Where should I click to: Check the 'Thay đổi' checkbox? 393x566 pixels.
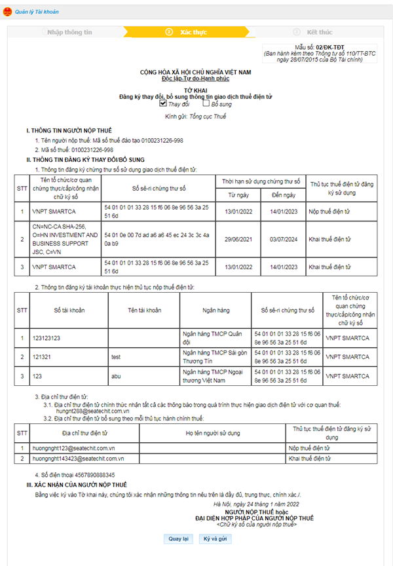coord(163,103)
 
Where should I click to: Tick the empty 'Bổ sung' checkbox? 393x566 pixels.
coord(206,103)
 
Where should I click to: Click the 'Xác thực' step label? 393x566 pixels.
coord(193,31)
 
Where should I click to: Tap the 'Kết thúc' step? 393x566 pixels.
coord(320,31)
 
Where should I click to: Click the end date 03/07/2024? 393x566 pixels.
coord(284,240)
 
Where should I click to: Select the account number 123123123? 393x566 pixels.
coord(47,338)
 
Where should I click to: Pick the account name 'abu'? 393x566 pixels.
coord(117,376)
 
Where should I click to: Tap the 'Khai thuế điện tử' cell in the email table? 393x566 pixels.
coord(309,459)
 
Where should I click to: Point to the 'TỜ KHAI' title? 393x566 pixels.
coord(196,90)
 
